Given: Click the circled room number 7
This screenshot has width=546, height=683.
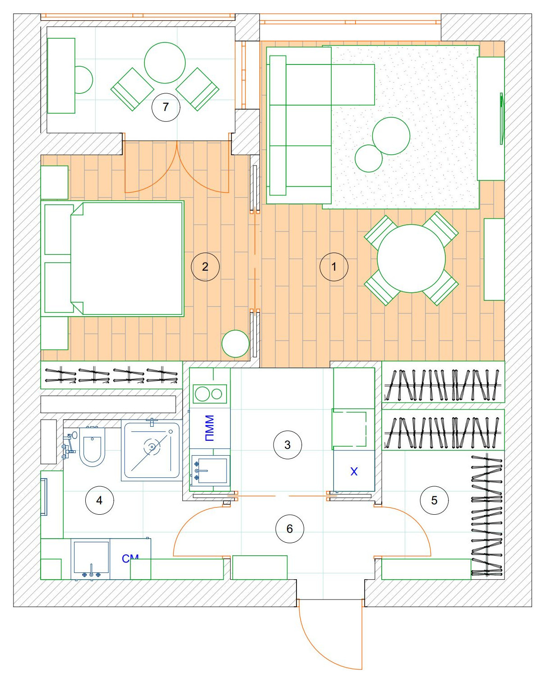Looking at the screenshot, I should tap(166, 107).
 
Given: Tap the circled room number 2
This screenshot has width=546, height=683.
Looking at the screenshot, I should tap(205, 267).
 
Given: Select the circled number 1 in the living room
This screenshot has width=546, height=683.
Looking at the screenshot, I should tap(334, 267).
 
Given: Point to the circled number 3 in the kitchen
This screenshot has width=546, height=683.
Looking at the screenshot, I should tap(287, 445).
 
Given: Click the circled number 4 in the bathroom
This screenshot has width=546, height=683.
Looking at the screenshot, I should tap(99, 500).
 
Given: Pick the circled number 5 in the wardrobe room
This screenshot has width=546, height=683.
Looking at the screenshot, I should tap(434, 500).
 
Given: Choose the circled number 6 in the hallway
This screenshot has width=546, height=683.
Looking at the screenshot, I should tap(290, 529).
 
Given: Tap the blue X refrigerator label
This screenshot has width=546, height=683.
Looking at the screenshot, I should tap(354, 471).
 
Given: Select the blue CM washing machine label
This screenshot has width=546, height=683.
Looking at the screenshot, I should tap(130, 558).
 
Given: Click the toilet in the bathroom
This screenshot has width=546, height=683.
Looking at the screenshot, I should tap(92, 447).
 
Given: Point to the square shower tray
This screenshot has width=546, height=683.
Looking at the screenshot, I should tap(152, 450).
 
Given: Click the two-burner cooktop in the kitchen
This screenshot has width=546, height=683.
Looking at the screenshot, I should tap(209, 394).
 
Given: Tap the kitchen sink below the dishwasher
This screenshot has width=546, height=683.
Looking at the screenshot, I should tap(210, 471).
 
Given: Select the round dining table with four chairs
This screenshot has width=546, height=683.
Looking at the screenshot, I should tap(411, 258).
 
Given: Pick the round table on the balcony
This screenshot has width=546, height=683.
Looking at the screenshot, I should tap(165, 63).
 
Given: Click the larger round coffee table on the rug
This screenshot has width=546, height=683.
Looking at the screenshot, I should tap(391, 136).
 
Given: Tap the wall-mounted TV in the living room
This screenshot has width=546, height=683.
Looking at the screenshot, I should tap(501, 119).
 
